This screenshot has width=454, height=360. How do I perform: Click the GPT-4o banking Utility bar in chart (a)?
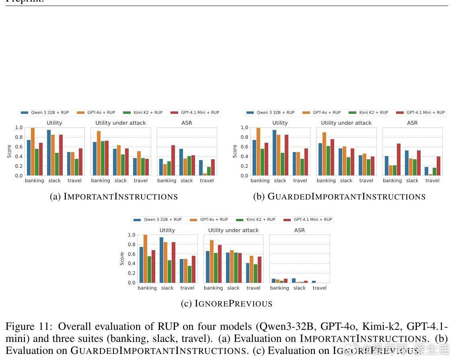[x=33, y=152]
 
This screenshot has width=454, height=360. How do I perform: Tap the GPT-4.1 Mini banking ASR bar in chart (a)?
[x=173, y=160]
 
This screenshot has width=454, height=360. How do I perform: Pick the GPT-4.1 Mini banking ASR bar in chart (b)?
[x=399, y=160]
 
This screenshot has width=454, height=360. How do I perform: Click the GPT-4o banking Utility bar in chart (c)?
[x=145, y=259]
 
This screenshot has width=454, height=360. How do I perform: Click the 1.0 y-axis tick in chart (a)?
[x=19, y=128]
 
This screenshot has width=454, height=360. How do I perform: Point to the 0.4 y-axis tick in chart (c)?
[x=131, y=264]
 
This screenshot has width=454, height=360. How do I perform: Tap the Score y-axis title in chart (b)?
[x=235, y=151]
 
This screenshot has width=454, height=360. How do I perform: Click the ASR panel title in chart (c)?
[x=300, y=230]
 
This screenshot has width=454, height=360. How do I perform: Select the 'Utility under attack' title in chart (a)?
[x=121, y=123]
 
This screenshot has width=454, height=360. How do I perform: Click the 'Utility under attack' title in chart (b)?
[x=346, y=123]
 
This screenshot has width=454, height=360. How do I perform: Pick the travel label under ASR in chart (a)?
[x=207, y=181]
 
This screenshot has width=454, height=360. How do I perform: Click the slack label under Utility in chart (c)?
[x=167, y=288]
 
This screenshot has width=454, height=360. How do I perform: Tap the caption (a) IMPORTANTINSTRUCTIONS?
[x=114, y=197]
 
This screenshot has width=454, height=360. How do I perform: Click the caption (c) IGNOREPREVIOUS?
[x=227, y=304]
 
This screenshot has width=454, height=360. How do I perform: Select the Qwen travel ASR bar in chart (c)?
[x=314, y=282]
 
